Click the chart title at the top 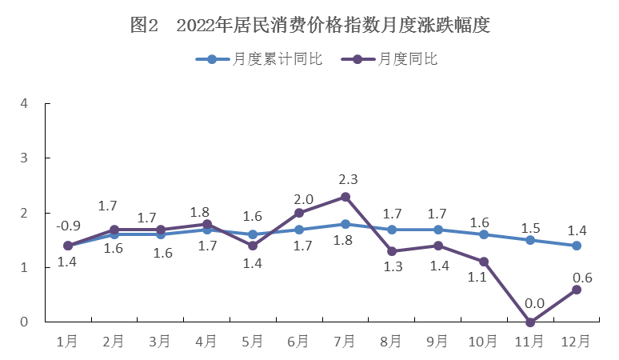coord(309,26)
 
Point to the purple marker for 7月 coord(345,197)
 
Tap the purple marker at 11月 coord(529,322)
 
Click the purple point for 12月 coord(576,290)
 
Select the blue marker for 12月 coord(576,246)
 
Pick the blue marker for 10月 coord(484,234)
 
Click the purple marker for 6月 coord(299,213)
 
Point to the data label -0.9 coord(68,226)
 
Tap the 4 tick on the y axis coord(25,104)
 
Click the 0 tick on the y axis coord(25,322)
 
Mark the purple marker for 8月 coord(391,251)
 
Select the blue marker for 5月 coord(253,234)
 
